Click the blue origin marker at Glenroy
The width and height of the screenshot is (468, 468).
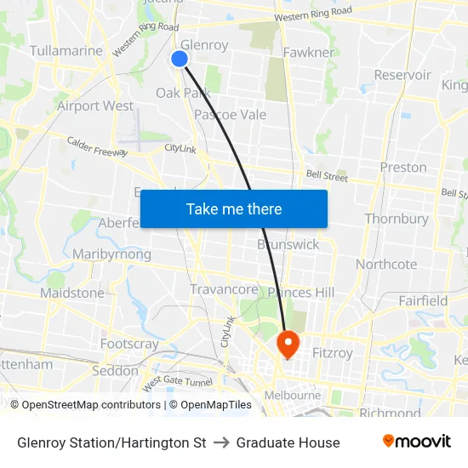point(180,58)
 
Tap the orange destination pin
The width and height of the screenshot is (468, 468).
point(288,343)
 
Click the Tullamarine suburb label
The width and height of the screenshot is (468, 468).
point(66,51)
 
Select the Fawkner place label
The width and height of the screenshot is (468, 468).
point(308,53)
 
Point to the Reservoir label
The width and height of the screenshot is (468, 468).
point(402,75)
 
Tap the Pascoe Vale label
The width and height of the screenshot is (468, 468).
point(230,115)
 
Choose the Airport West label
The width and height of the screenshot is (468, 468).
point(95,106)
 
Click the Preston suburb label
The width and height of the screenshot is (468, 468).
point(403,167)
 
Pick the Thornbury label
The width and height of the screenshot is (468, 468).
point(397,219)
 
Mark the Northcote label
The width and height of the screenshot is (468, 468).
point(386,264)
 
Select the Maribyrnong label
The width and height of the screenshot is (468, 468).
point(111,254)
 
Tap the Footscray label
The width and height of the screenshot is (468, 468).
point(129,344)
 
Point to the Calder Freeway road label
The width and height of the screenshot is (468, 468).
point(96,146)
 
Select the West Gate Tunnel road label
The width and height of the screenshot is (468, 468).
point(177,383)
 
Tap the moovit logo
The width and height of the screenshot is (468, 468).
point(416,442)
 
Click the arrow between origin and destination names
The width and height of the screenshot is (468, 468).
point(221,442)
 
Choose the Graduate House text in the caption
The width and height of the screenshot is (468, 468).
point(288,442)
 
